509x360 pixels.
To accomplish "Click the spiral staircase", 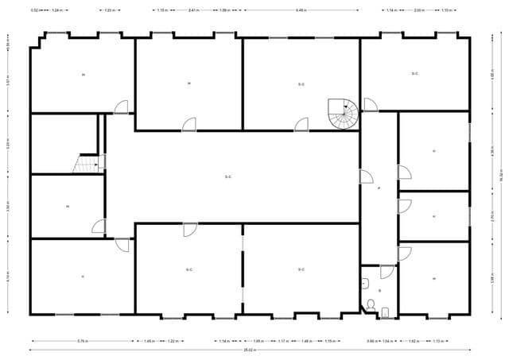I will [344, 115].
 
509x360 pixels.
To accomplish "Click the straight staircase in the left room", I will [85, 163].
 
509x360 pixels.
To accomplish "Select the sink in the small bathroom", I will [364, 282].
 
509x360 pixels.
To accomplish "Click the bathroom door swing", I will [387, 272].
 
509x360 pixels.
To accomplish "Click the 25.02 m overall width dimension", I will [249, 349].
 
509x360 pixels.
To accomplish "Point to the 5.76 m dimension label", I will [83, 340].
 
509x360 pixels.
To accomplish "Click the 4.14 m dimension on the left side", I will [8, 276].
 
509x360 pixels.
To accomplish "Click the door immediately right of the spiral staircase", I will [370, 105].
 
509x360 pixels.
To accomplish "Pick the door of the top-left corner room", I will [121, 106].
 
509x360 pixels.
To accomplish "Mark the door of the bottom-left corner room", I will [122, 245].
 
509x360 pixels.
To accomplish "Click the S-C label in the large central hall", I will [228, 176].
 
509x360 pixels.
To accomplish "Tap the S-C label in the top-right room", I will [414, 74].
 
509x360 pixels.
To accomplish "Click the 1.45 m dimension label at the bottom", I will [149, 340].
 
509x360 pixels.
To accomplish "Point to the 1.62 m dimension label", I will [414, 340].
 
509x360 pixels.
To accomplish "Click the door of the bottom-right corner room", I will [404, 254].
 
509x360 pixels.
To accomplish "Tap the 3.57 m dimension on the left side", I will [8, 82].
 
